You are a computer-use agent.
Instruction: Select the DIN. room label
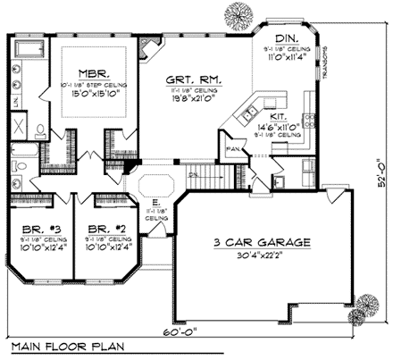[x=287, y=38]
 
